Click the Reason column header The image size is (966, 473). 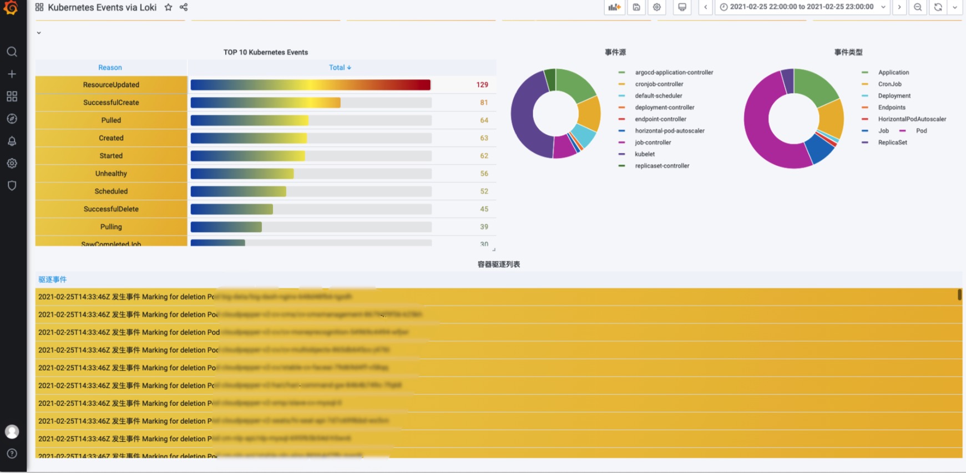tap(110, 68)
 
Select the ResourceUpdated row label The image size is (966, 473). tap(111, 85)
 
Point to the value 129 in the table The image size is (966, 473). tap(482, 85)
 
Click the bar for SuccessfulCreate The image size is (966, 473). tap(266, 103)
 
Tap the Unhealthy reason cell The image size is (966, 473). tap(111, 174)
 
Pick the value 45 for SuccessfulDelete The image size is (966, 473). tap(484, 209)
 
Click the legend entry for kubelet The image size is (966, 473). tap(644, 154)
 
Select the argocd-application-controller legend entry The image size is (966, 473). tap(674, 73)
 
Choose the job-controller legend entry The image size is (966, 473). tap(653, 143)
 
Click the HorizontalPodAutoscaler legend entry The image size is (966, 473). tap(912, 119)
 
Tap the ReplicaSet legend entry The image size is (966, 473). tap(892, 143)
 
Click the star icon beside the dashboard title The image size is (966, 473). tap(168, 7)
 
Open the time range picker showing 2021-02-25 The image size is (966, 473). tap(801, 7)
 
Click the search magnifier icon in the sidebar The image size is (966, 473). tap(12, 52)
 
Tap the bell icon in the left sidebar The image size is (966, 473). tap(12, 141)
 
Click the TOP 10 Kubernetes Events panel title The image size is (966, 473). tap(265, 52)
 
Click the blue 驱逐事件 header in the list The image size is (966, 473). tap(52, 279)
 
